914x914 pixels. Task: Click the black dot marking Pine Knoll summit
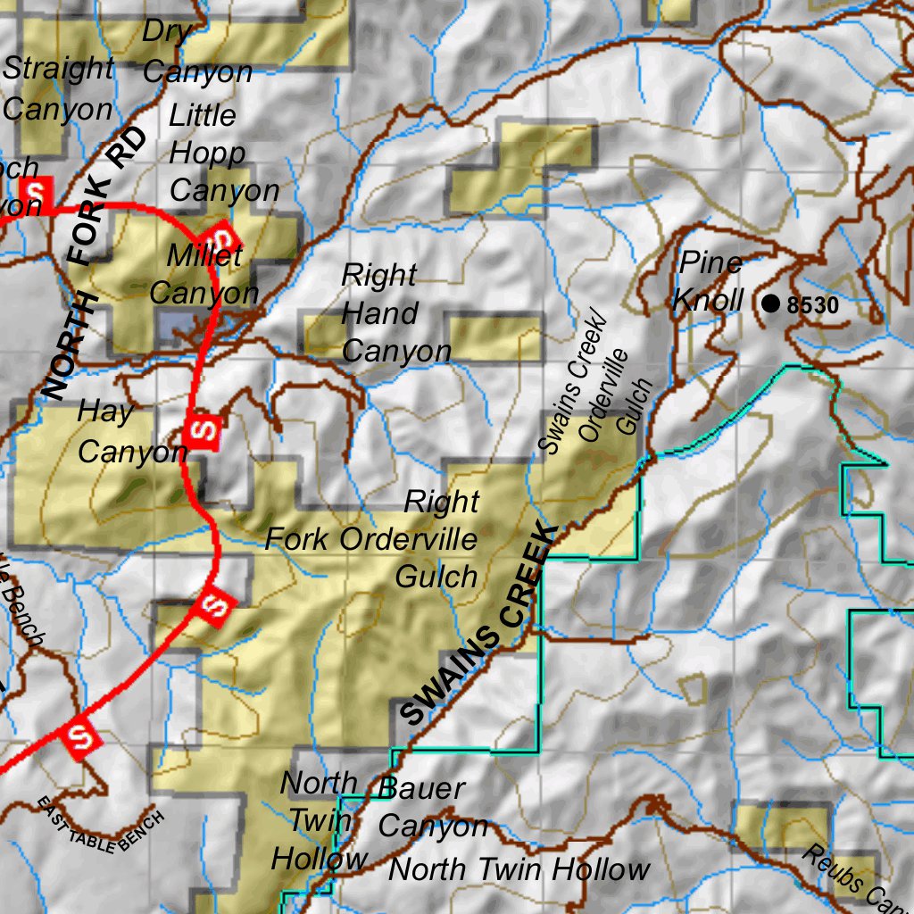tap(771, 303)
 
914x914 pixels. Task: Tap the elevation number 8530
tap(814, 305)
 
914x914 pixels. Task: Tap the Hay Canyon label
tap(130, 432)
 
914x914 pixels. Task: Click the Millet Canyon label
tap(204, 275)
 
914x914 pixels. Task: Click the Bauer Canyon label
tap(433, 807)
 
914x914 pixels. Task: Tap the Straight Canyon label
tap(59, 88)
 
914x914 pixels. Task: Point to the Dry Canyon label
tap(196, 52)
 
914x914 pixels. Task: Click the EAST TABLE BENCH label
tap(101, 822)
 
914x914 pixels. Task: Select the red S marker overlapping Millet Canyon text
tap(220, 237)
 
